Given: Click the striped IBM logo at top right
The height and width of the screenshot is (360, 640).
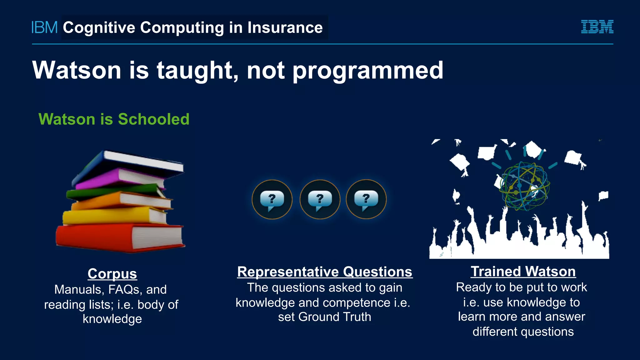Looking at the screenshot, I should click(x=597, y=27).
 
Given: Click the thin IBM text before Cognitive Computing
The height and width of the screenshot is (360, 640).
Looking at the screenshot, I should click(x=45, y=27).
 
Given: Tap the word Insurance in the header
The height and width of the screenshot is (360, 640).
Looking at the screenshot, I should click(x=285, y=27).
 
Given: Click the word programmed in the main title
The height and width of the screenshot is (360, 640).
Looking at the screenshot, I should click(x=368, y=71).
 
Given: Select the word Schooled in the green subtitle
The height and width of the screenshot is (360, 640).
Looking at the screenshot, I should click(x=153, y=119).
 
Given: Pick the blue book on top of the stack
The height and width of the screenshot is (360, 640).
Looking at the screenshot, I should click(x=131, y=162).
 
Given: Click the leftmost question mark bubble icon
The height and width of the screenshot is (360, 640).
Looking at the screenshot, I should click(x=272, y=199).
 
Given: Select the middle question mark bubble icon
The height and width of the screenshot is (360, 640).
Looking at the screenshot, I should click(x=320, y=199).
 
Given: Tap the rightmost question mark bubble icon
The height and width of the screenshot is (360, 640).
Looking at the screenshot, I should click(x=366, y=199).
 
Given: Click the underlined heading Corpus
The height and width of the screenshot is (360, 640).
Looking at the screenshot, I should click(x=112, y=274).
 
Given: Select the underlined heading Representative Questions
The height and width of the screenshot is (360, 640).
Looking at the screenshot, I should click(x=325, y=272).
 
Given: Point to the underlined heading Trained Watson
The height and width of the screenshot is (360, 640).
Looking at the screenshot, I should click(x=523, y=272).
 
